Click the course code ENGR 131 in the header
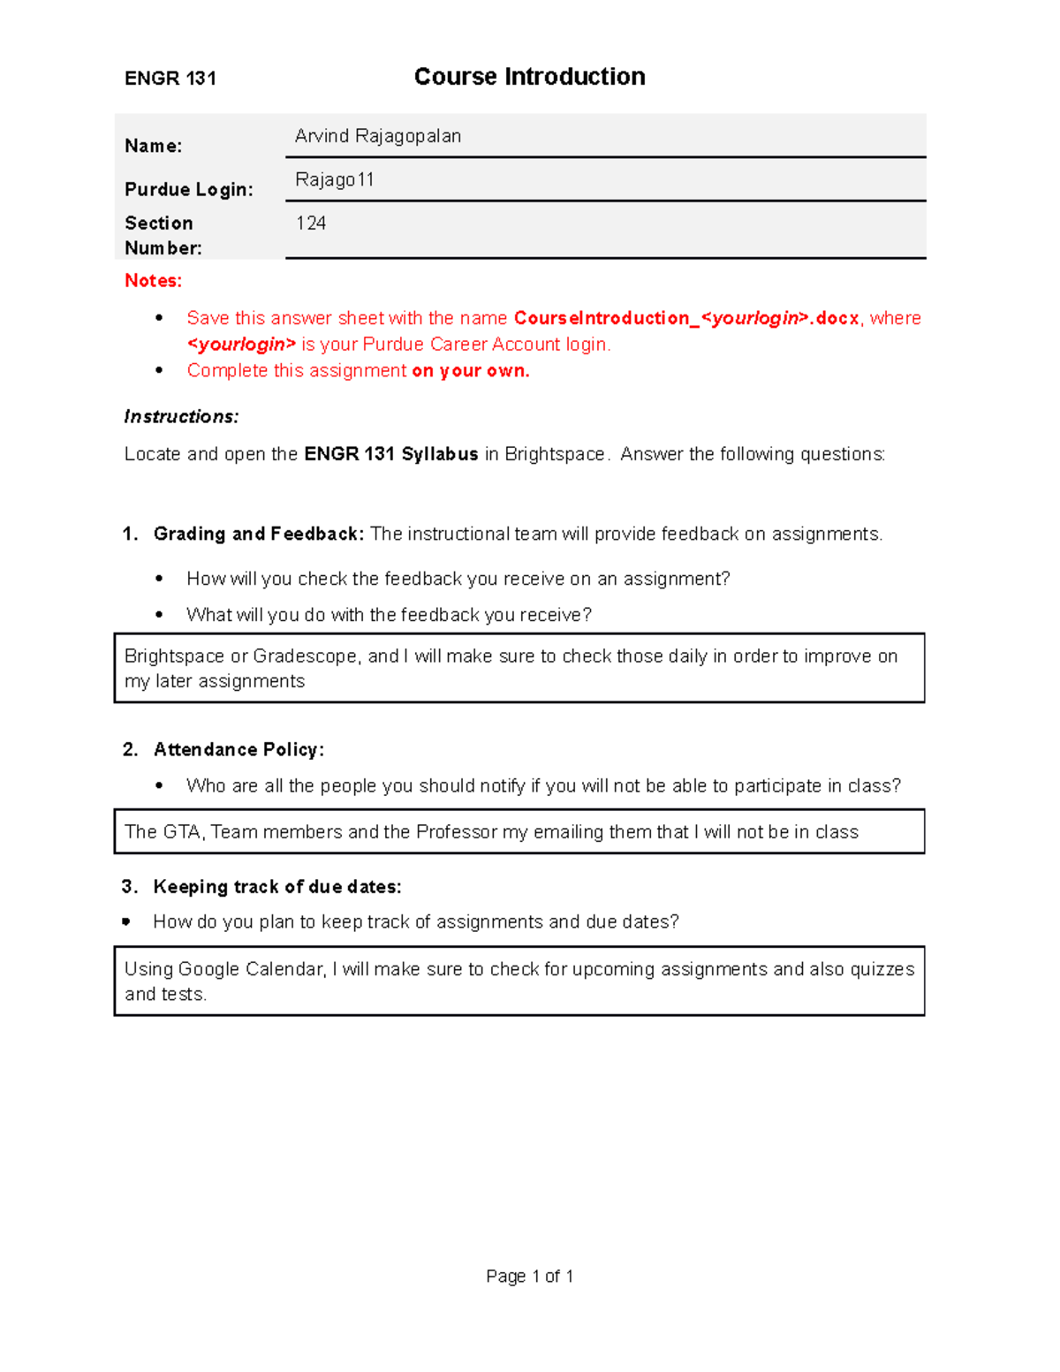(170, 79)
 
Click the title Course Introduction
(529, 77)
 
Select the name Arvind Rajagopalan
(378, 136)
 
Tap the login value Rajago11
(335, 180)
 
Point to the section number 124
(311, 224)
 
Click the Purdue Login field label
(189, 190)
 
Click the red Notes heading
(153, 281)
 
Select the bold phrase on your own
(471, 371)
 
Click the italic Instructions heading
(181, 417)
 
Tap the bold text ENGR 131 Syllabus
(391, 454)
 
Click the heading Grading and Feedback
(258, 534)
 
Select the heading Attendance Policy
(238, 750)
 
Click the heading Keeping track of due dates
(277, 887)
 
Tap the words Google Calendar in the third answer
(252, 969)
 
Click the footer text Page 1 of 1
(529, 1277)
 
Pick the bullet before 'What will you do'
(159, 615)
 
